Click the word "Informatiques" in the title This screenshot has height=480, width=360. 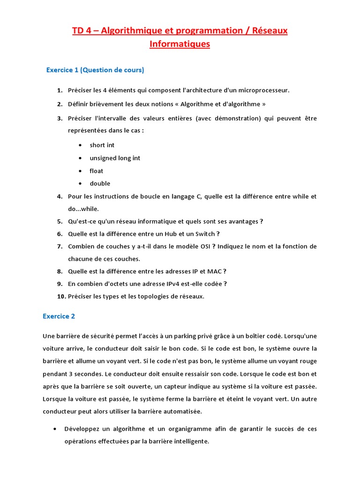point(180,45)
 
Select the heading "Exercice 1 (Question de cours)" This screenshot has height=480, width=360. point(95,70)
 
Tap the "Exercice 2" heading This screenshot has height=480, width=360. point(59,316)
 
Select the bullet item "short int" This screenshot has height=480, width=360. point(102,145)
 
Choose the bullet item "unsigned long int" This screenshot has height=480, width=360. point(115,158)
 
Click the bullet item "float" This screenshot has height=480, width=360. point(96,171)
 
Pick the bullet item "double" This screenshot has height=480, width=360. point(100,184)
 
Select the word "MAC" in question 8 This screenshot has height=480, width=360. point(214,271)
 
